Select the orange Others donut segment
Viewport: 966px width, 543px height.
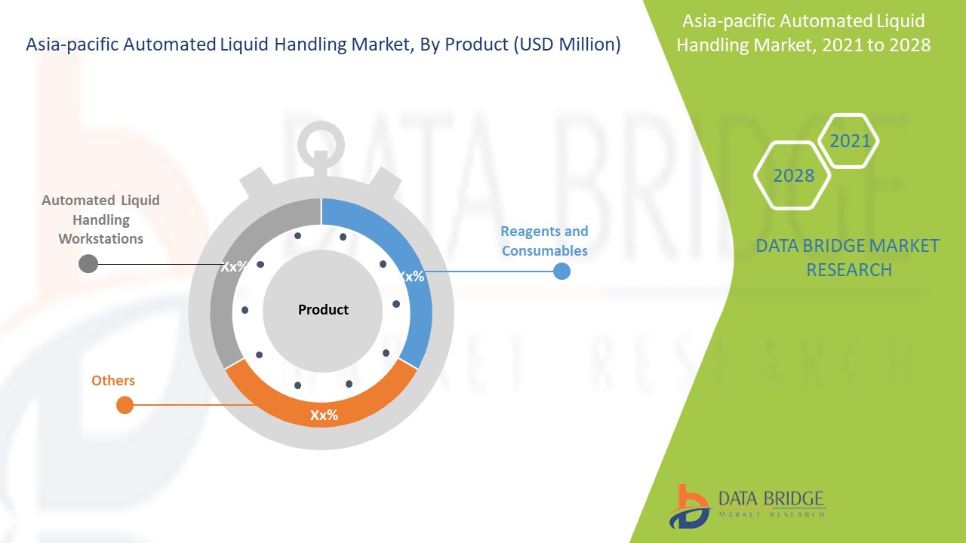click(321, 410)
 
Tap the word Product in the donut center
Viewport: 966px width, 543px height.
click(323, 309)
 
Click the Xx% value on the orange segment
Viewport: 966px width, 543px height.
click(324, 415)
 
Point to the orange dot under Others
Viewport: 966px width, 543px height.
click(125, 405)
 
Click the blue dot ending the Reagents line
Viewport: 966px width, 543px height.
click(561, 271)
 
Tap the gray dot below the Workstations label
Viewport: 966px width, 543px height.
click(88, 264)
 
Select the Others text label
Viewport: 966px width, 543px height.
click(113, 381)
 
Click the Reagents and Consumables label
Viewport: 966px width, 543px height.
click(544, 241)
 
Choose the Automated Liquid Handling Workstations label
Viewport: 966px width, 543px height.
click(101, 219)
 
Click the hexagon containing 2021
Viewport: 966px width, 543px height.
click(849, 140)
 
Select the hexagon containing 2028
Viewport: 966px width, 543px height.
click(792, 176)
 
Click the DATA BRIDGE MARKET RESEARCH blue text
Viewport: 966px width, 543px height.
click(848, 258)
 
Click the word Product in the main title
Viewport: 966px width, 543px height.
click(476, 44)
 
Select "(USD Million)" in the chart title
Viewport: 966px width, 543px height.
click(567, 44)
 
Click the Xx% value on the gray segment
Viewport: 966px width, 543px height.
click(234, 266)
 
